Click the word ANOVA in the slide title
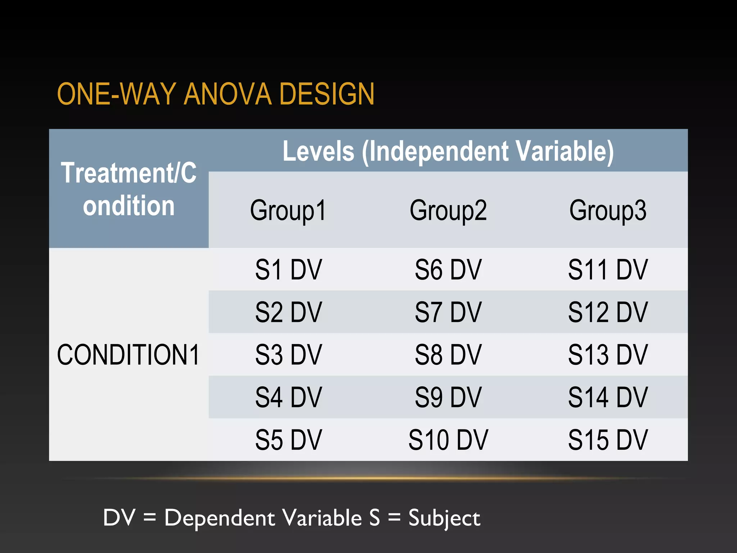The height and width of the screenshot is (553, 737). (227, 94)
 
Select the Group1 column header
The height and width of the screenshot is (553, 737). (288, 210)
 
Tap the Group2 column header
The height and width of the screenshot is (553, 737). (448, 210)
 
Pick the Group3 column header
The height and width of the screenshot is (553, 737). (608, 210)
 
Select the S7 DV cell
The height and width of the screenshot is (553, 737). (448, 312)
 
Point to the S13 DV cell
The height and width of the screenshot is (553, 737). (608, 355)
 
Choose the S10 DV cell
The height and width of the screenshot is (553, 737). (448, 440)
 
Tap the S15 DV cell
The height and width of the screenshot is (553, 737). (608, 440)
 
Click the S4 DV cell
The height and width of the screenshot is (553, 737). (288, 397)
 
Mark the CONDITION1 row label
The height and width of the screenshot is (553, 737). (128, 355)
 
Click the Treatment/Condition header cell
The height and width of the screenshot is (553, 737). (128, 189)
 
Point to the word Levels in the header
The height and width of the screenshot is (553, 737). (318, 151)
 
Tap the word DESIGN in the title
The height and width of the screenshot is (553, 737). (327, 94)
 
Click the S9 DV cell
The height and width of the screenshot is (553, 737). (448, 397)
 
